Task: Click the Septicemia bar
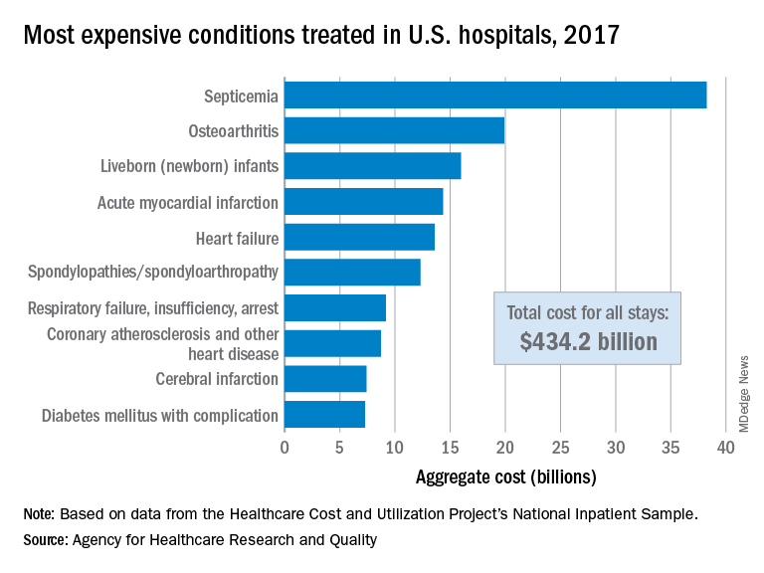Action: point(495,95)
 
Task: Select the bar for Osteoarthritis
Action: point(394,130)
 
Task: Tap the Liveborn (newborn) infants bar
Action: point(372,166)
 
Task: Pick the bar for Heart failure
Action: point(359,237)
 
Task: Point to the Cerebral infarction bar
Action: point(325,379)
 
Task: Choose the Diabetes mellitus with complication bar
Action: point(324,415)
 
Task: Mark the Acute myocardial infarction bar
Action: point(363,202)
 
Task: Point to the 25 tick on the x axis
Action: point(561,448)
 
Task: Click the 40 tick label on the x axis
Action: point(726,448)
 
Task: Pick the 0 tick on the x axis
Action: point(285,448)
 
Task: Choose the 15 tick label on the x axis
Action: point(451,448)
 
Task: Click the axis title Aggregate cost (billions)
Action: point(505,477)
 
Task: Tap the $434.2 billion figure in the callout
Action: point(588,342)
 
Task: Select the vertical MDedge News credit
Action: point(743,393)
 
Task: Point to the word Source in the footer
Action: point(46,540)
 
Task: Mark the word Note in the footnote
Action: point(40,514)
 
